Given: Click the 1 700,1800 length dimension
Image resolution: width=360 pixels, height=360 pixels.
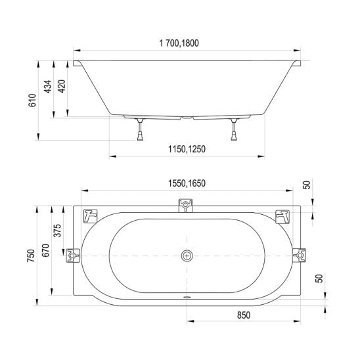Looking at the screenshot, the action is point(179,43).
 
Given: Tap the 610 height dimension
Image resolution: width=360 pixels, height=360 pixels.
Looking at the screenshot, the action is point(32,101).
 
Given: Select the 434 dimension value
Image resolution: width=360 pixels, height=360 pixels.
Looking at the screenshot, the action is point(48,87).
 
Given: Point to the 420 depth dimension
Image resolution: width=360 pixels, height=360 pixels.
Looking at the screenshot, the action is point(61,86).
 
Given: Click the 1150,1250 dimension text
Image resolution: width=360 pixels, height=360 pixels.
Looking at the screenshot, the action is point(187,149).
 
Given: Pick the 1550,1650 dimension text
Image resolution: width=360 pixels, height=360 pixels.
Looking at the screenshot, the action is point(187,183).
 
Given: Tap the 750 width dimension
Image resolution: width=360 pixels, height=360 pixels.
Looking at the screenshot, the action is point(31,256).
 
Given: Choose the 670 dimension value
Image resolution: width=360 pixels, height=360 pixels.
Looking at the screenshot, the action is point(46,250).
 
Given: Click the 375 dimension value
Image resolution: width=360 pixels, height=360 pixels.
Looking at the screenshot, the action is point(57,231).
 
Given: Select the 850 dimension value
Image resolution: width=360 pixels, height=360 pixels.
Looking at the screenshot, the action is point(244,315).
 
